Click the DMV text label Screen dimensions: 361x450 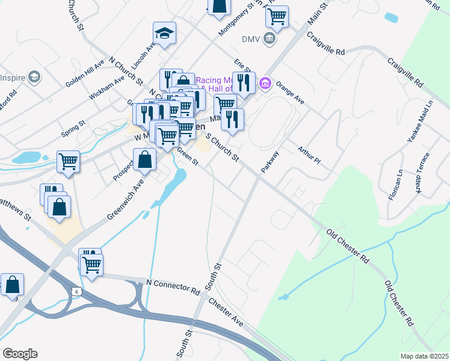[x=250, y=39]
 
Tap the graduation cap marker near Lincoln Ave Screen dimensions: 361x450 [x=164, y=34]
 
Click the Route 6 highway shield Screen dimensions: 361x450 [x=75, y=291]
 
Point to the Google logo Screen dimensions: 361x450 [x=20, y=354]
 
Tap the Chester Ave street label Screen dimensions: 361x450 [x=226, y=312]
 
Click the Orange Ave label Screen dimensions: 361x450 [x=290, y=93]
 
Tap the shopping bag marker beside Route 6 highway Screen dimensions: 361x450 [x=12, y=285]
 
